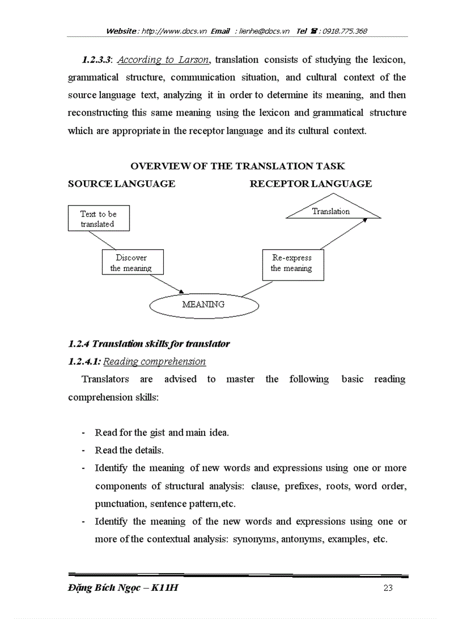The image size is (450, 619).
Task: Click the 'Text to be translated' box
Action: pos(99,219)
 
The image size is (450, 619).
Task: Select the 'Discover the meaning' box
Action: pos(131,263)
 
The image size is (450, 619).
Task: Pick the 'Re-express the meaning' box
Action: pos(292,263)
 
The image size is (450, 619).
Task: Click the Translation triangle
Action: pos(332,212)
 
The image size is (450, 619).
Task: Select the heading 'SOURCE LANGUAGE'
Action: pos(121,184)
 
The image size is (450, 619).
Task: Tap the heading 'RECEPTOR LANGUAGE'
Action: pos(310,184)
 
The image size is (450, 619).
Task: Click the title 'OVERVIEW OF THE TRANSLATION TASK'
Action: pos(237,166)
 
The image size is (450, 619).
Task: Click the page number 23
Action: pos(388,588)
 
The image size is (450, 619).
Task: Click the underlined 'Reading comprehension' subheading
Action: pos(154,362)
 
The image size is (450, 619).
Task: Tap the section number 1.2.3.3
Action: pos(97,60)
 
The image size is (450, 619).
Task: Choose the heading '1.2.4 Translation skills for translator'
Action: pos(149,344)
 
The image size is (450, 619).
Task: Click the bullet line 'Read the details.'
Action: pos(129,450)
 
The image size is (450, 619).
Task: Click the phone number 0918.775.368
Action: pos(345,31)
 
